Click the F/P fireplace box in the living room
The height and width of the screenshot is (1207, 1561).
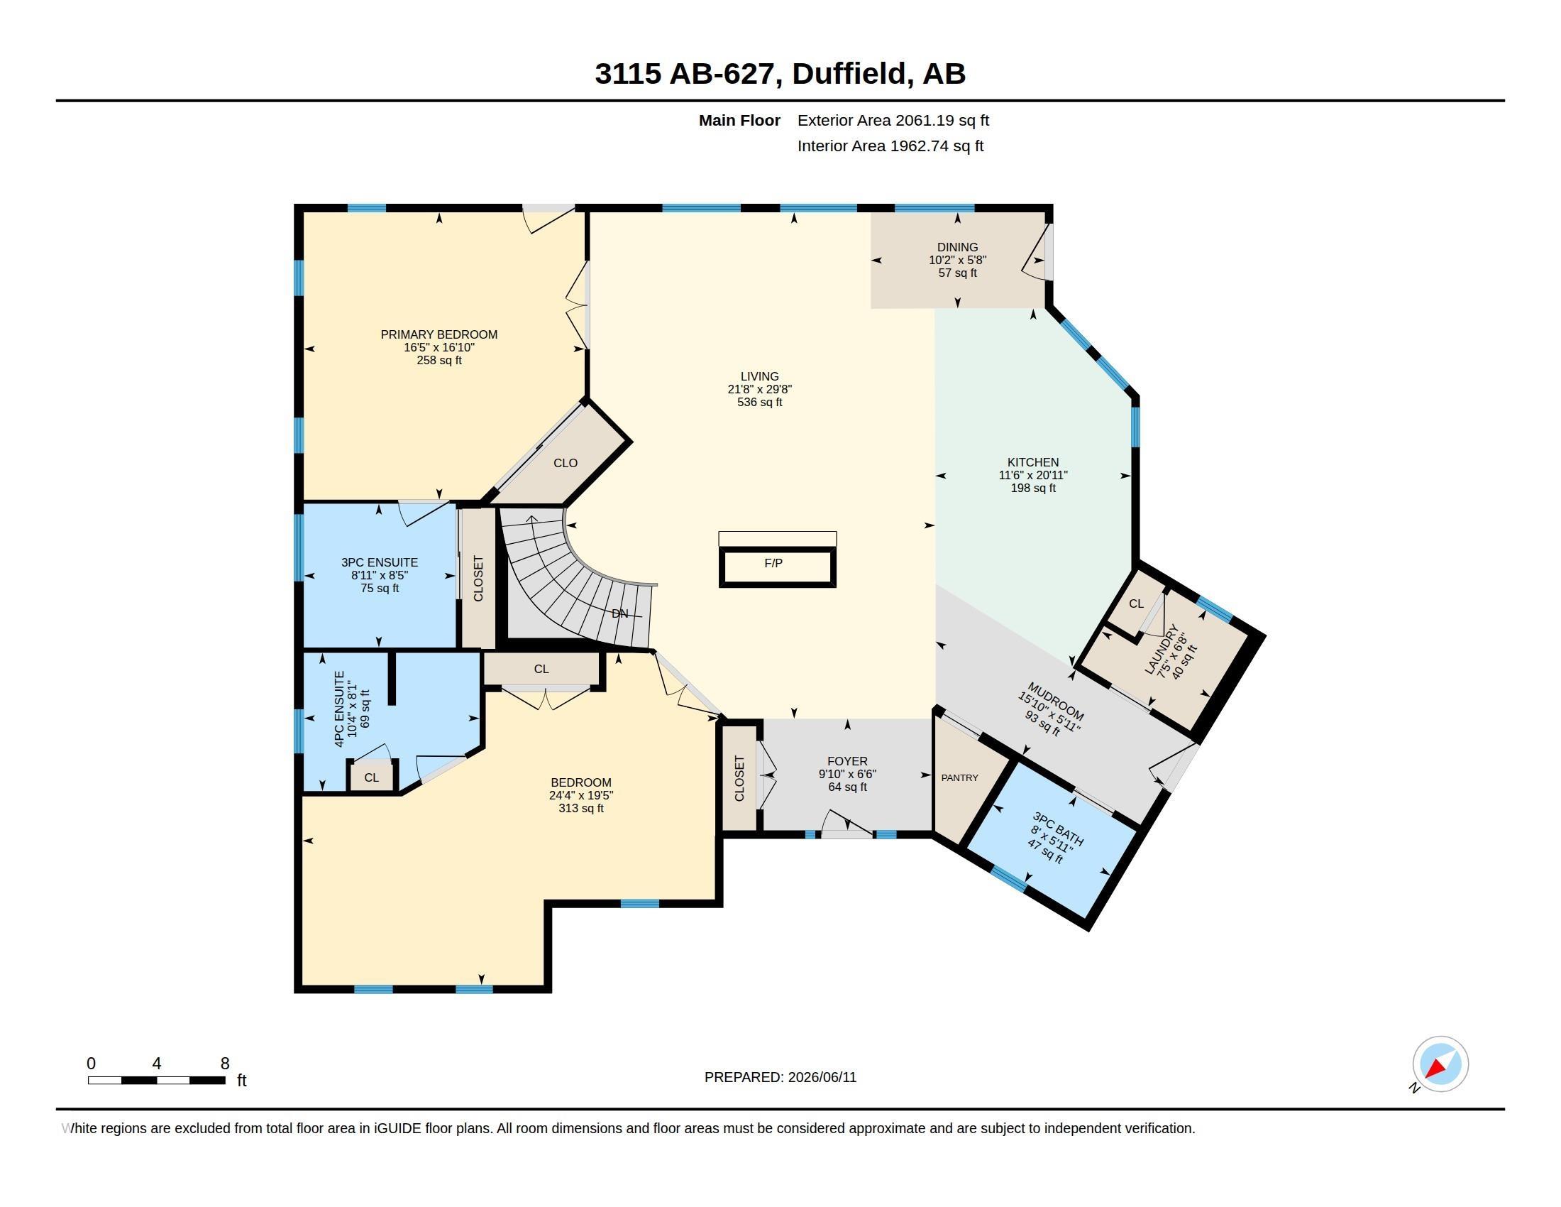[x=777, y=567]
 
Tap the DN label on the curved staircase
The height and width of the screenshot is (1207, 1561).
[x=619, y=613]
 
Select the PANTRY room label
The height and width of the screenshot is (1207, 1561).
[x=959, y=777]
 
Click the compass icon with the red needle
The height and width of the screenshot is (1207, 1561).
[x=1440, y=1064]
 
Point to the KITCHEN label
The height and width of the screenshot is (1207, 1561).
[x=1033, y=462]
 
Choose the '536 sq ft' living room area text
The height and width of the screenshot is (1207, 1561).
[x=759, y=402]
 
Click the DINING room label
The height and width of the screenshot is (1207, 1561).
[x=957, y=246]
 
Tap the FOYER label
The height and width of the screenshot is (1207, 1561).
[x=847, y=761]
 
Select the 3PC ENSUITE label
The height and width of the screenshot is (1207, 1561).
[x=380, y=562]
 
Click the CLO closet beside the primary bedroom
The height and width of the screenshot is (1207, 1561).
[x=566, y=463]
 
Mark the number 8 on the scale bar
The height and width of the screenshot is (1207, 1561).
[x=225, y=1064]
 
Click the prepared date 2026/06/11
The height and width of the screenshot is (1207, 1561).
[x=822, y=1077]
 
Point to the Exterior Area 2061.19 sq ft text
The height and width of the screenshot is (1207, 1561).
[x=893, y=120]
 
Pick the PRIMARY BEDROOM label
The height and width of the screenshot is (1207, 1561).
[x=438, y=334]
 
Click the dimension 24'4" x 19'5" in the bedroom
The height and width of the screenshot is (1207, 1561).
[x=581, y=795]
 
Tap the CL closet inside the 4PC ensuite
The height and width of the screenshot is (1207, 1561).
[x=371, y=777]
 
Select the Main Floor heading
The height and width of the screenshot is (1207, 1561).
[x=739, y=120]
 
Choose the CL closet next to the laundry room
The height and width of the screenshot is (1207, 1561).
[x=1136, y=603]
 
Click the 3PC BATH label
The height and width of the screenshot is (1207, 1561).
[x=1058, y=829]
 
